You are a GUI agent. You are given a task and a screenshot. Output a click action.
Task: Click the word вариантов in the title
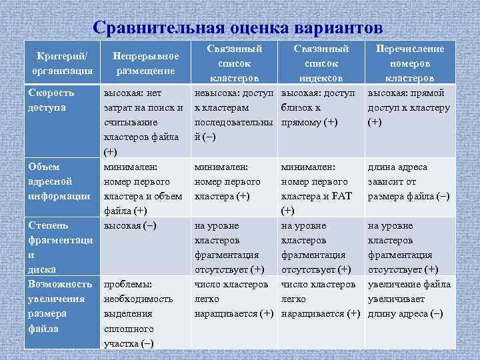[336, 29]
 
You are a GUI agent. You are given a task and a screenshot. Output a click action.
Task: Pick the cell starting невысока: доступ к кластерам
[233, 115]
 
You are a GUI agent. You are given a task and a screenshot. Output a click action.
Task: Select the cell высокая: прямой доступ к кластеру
[409, 107]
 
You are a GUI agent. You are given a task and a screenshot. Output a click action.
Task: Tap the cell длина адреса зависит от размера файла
[409, 181]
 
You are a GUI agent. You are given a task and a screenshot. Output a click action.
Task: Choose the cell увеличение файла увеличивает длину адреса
[409, 299]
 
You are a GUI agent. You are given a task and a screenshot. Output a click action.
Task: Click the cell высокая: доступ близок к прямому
[321, 107]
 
